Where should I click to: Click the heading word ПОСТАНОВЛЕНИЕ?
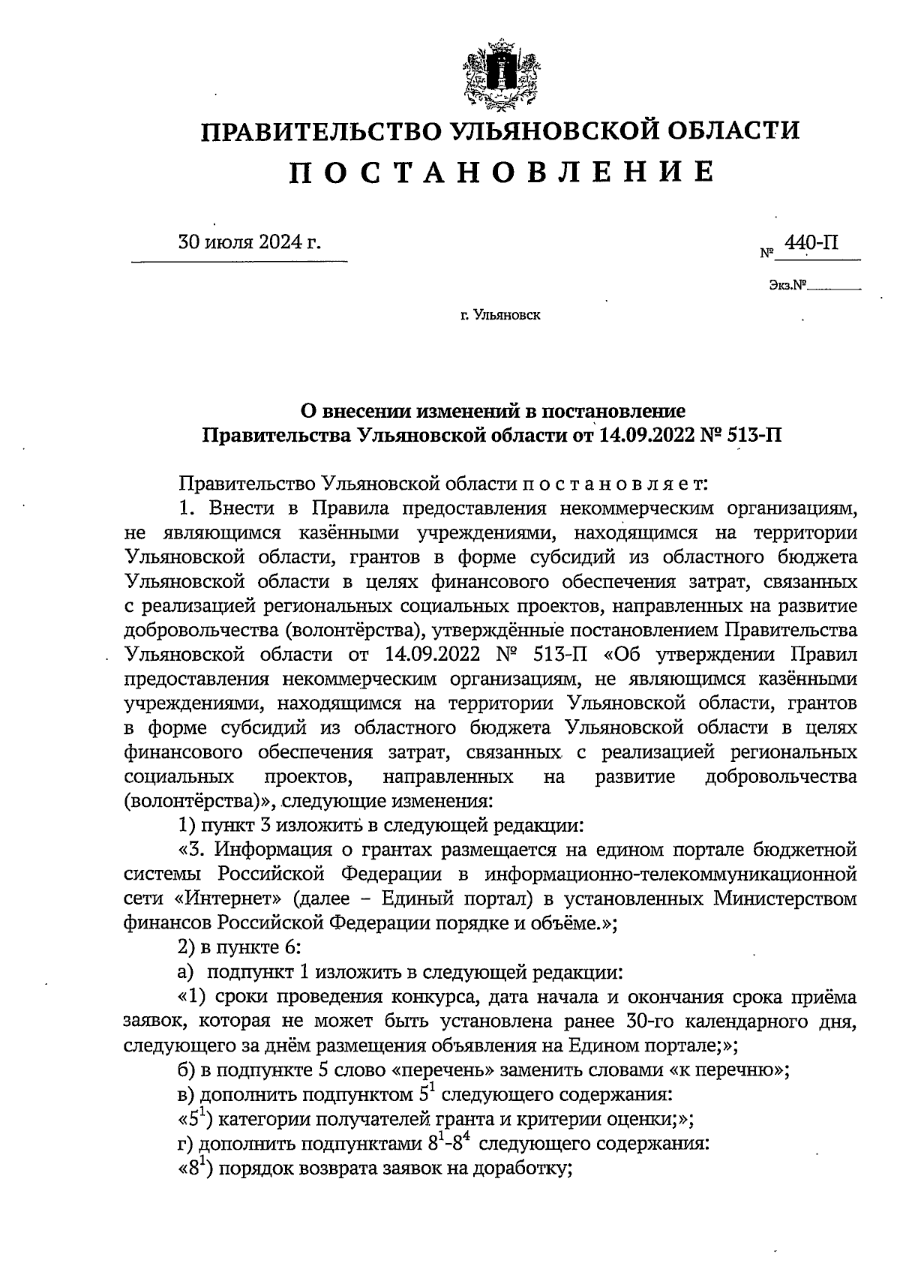(500, 172)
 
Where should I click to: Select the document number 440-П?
(810, 243)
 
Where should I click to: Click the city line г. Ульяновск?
(500, 315)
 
